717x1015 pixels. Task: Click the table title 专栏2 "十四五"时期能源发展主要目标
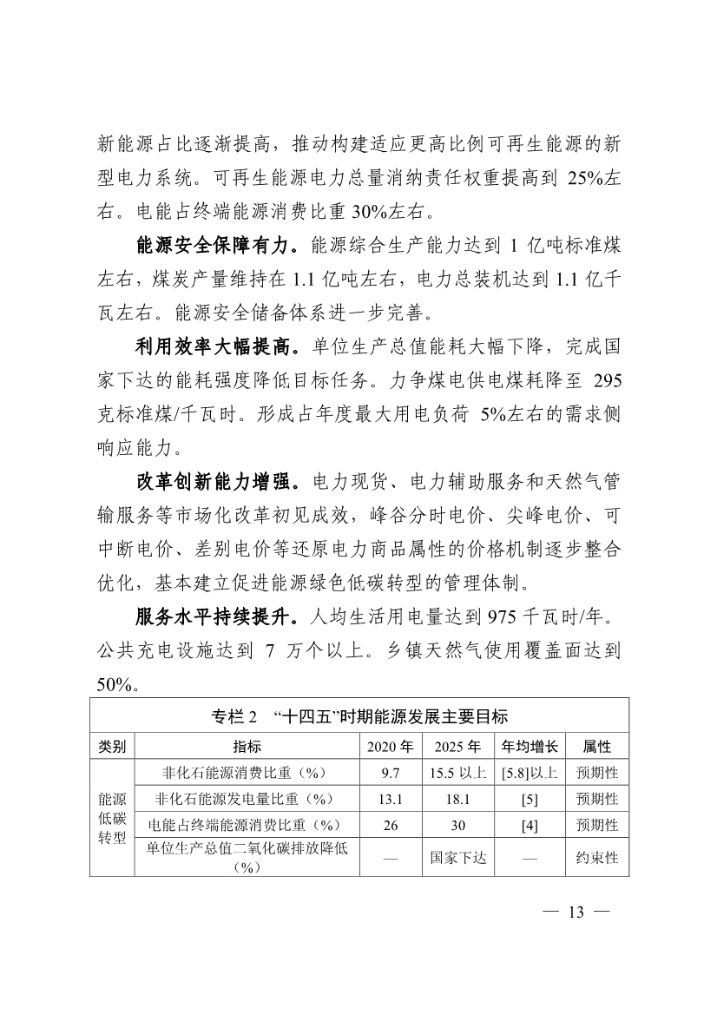coord(359,716)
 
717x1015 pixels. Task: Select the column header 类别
coord(112,746)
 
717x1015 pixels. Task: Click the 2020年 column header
coord(390,746)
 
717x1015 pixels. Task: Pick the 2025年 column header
coord(458,746)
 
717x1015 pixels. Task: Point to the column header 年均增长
coord(530,746)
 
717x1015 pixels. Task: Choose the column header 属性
coord(597,746)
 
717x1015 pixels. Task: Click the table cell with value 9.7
coord(390,772)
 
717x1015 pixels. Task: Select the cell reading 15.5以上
coord(458,772)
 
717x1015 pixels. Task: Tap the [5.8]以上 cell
coord(530,772)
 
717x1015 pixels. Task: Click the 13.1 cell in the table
coord(390,798)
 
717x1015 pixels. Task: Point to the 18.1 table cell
coord(458,798)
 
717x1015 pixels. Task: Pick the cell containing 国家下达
coord(458,857)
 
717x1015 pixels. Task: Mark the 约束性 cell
coord(597,857)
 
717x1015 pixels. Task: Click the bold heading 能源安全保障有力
coord(216,247)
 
